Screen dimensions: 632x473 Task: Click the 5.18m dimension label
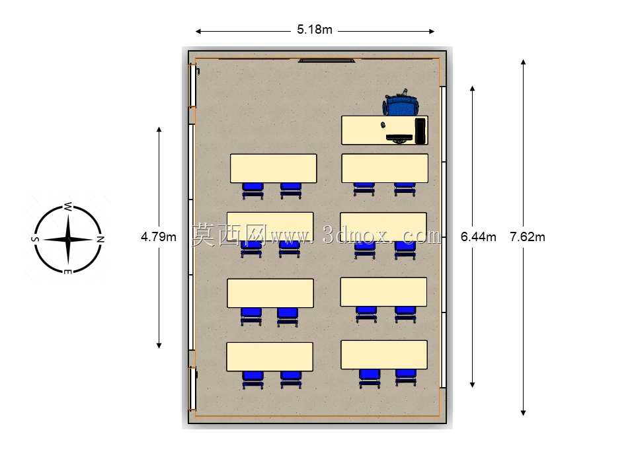click(315, 30)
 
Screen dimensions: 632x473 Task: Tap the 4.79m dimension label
click(159, 236)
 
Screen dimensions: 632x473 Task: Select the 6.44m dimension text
click(479, 236)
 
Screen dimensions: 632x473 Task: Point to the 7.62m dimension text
click(527, 236)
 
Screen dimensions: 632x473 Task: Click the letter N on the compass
click(100, 239)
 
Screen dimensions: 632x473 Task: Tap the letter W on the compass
click(67, 207)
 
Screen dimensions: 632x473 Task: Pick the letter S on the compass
click(35, 239)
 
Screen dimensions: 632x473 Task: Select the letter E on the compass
click(67, 272)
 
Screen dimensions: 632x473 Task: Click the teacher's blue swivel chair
click(401, 103)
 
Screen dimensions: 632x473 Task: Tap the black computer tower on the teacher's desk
click(421, 131)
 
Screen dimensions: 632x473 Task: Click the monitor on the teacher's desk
click(399, 138)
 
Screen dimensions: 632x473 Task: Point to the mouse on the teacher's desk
click(383, 124)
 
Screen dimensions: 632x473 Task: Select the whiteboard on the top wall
click(327, 60)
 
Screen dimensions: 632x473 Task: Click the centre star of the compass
click(67, 239)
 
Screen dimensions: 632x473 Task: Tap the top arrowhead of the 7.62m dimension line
click(523, 62)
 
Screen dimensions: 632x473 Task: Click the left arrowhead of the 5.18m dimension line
click(198, 32)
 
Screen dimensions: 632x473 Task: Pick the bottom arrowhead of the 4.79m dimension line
click(159, 346)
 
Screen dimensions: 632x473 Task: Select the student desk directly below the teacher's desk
click(385, 168)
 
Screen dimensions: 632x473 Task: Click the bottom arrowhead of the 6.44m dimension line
click(473, 384)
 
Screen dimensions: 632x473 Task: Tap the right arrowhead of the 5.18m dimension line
click(432, 32)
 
